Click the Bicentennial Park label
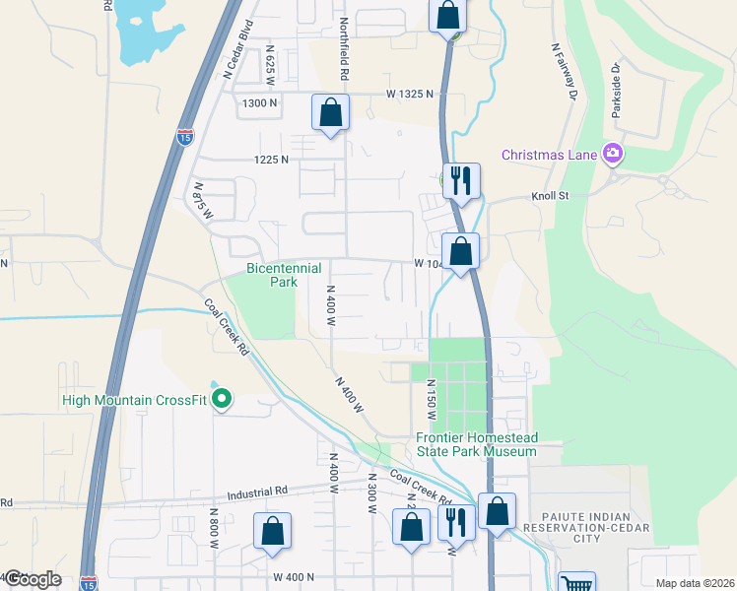point(271,275)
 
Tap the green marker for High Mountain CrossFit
point(223,399)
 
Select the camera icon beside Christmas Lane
point(613,153)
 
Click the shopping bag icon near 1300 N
point(331,112)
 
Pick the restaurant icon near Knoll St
point(461,181)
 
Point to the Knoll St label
point(551,196)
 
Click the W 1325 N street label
point(410,94)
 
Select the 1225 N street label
point(270,159)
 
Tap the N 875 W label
point(203,200)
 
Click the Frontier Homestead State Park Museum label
point(476,444)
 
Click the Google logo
point(33,579)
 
